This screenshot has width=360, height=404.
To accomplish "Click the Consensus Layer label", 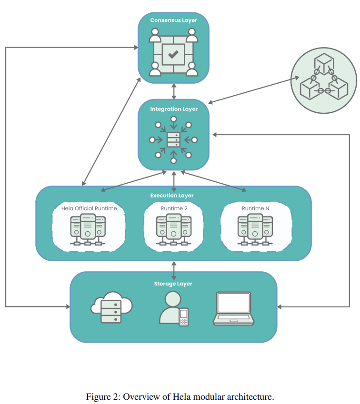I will [x=173, y=20].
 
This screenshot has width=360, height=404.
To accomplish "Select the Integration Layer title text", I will [x=174, y=109].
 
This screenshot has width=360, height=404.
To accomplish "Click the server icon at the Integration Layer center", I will [x=174, y=140].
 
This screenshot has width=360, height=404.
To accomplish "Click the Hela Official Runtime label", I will [x=89, y=208].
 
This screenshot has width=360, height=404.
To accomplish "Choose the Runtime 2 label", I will [x=174, y=208].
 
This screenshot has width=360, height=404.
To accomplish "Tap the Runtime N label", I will [x=255, y=208].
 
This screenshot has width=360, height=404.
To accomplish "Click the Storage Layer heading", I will [x=173, y=284].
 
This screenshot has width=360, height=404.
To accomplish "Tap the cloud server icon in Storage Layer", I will [x=111, y=307].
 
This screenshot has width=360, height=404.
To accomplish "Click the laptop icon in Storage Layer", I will [x=233, y=308].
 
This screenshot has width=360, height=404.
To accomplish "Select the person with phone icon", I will [x=173, y=309].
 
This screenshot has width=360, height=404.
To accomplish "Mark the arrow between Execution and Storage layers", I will [x=174, y=270].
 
